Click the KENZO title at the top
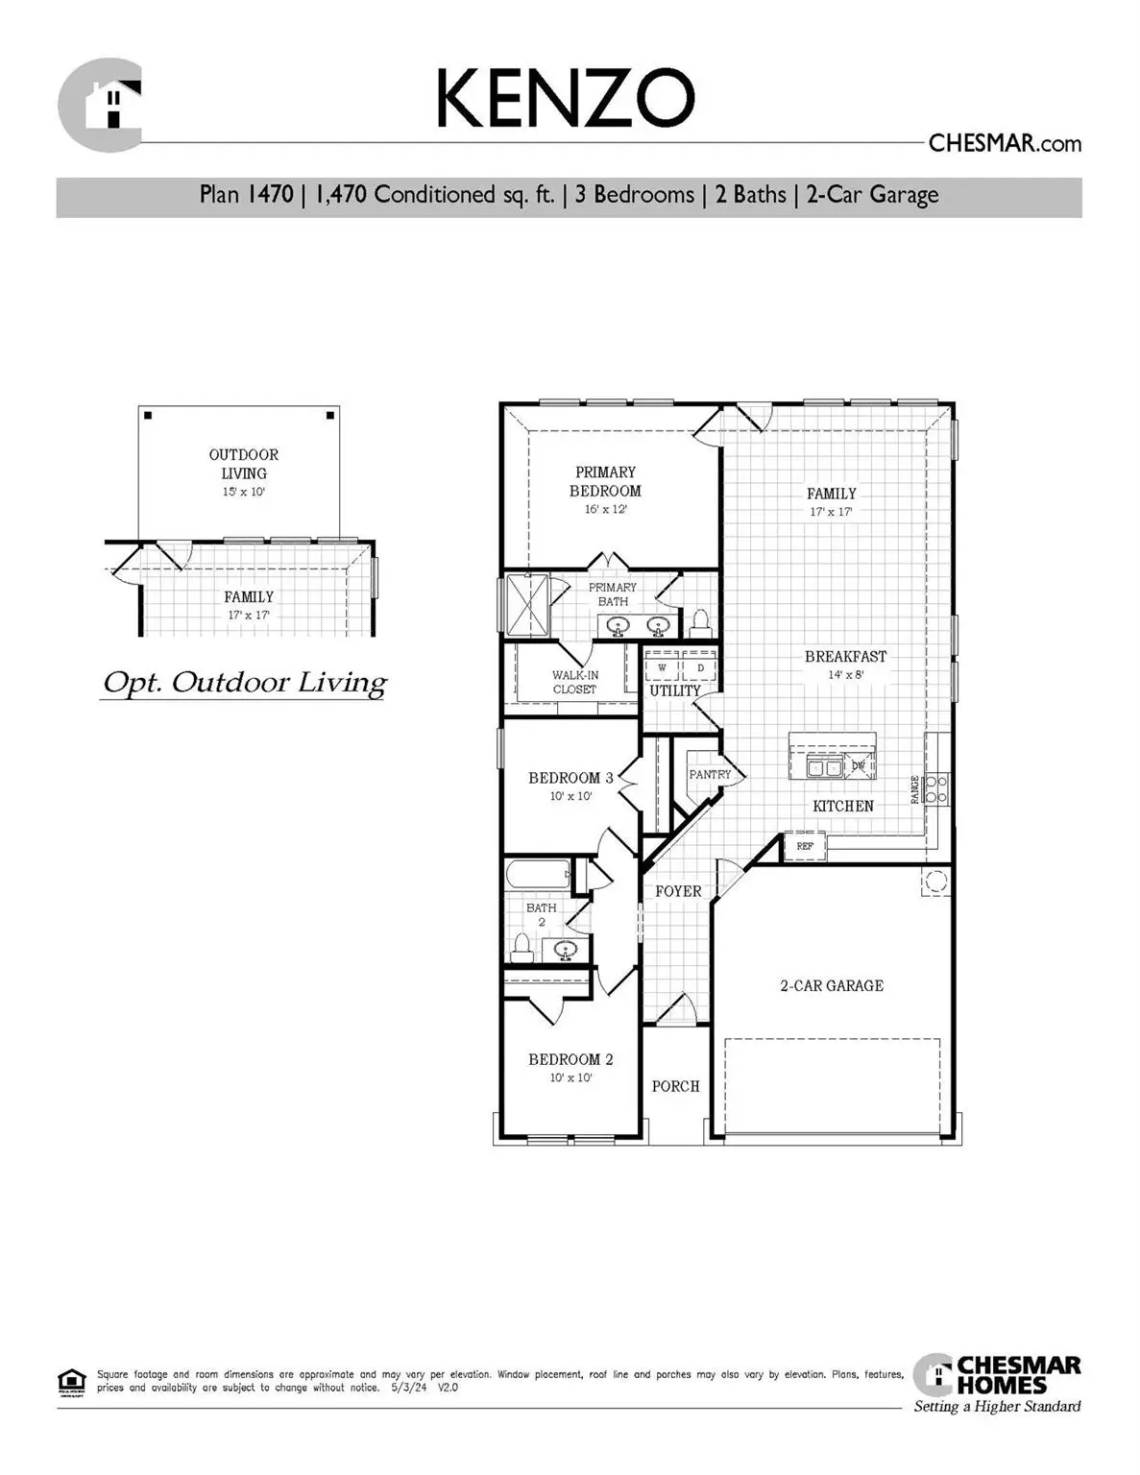pos(565,98)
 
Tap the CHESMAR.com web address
pos(1004,143)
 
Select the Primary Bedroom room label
pos(605,481)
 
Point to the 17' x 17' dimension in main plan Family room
pos(831,512)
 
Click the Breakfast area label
pos(845,657)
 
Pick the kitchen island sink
pos(824,766)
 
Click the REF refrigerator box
pos(805,846)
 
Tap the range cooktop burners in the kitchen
pos(937,789)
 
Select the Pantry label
pos(710,774)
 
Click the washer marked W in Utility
pos(662,667)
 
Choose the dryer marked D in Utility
pos(700,667)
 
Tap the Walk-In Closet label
pos(574,682)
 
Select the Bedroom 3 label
pos(570,778)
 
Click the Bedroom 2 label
pos(570,1059)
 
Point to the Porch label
pos(675,1086)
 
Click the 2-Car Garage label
pos(832,985)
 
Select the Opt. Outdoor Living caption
pos(244,683)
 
